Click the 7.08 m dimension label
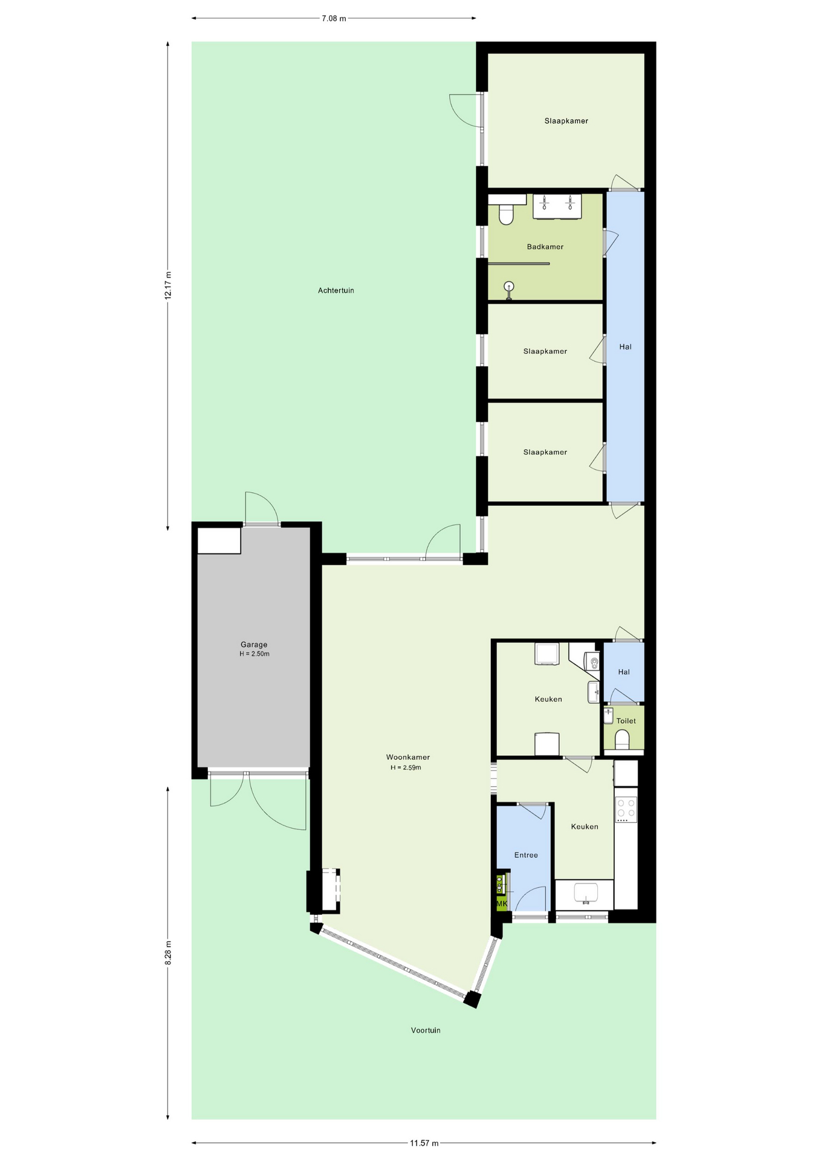click(x=334, y=18)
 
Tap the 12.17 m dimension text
click(x=168, y=285)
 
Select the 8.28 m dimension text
click(x=168, y=952)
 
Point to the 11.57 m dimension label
click(x=424, y=1143)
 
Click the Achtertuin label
click(x=336, y=290)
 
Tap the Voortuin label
click(x=426, y=1030)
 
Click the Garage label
click(x=254, y=645)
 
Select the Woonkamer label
click(x=408, y=757)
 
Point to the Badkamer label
click(x=545, y=247)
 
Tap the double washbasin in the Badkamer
click(x=557, y=206)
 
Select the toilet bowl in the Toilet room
click(x=622, y=740)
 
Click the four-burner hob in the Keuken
click(x=626, y=809)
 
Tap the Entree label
click(x=526, y=855)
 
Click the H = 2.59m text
click(x=406, y=767)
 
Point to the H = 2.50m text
click(x=255, y=654)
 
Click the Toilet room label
click(x=626, y=721)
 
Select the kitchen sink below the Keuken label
click(x=585, y=893)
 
